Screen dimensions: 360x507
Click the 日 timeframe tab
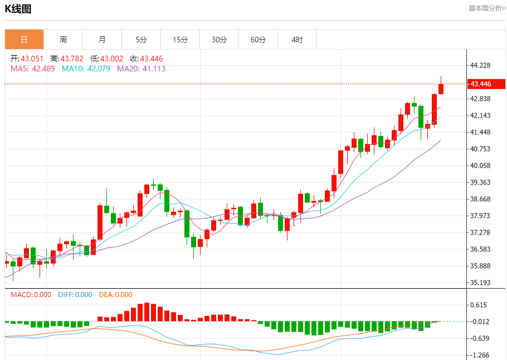point(24,40)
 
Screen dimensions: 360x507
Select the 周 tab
point(63,40)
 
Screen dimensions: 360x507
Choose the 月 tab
point(102,40)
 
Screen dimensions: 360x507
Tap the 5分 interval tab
point(141,40)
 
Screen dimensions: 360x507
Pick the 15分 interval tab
point(180,40)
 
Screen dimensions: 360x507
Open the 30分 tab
point(219,40)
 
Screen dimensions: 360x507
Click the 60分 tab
point(258,40)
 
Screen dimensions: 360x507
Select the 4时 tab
point(297,40)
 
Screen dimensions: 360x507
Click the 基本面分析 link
point(486,8)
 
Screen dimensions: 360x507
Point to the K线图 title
point(18,9)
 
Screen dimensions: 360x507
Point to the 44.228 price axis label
point(480,65)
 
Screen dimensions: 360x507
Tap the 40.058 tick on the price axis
point(480,166)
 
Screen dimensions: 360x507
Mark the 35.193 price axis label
point(480,283)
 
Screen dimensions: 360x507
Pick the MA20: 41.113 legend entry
point(141,69)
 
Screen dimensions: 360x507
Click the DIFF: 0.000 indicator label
point(75,295)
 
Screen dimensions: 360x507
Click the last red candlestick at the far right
point(441,89)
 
